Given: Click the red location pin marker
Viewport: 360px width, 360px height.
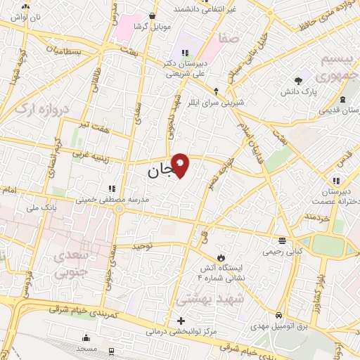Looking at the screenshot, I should point(181,165).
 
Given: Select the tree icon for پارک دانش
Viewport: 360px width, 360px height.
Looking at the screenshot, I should point(299,79).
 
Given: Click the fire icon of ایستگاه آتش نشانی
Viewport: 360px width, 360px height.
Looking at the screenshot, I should point(223,256).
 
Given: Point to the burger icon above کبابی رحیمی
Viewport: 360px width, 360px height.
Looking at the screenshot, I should point(281,239).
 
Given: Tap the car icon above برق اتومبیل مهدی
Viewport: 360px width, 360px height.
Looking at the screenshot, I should point(280,315).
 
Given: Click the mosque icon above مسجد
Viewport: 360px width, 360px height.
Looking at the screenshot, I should point(86,338).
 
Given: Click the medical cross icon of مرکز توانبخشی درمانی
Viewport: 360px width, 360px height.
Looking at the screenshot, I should point(182,322).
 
